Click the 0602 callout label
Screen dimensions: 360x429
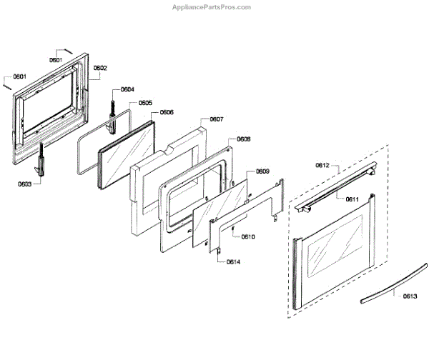coord(99,68)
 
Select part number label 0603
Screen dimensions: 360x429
coord(25,184)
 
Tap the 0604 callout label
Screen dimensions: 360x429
coord(127,89)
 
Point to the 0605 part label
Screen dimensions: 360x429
coord(145,103)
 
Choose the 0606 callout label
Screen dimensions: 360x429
coord(167,112)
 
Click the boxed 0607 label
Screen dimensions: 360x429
coord(217,120)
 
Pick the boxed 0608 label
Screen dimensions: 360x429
coord(244,140)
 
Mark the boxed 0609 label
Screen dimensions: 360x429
coord(262,171)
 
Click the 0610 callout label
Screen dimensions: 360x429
coord(248,236)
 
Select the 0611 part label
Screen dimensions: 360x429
coord(351,199)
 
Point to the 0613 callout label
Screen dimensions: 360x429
coord(410,296)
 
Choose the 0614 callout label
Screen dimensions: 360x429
coord(233,262)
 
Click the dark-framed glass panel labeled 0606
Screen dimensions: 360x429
coord(126,151)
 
